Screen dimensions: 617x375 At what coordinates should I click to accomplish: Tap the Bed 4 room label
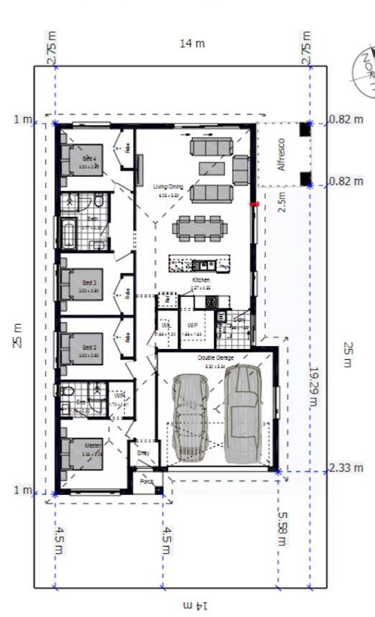point(89,158)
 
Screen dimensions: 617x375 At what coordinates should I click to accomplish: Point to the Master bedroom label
point(91,445)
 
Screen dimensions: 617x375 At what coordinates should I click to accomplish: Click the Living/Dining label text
point(168,187)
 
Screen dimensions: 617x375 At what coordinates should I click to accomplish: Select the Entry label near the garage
point(144,453)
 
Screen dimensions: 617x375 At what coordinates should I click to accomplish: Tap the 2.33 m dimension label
point(346,468)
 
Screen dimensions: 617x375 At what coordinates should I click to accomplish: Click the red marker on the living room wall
point(254,205)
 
